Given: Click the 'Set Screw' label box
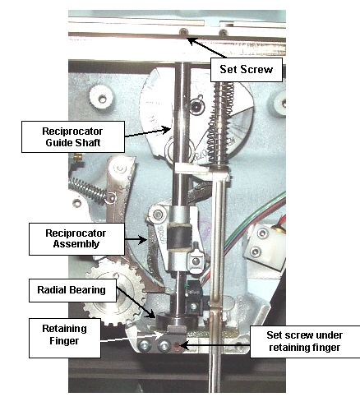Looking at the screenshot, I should coord(247,70).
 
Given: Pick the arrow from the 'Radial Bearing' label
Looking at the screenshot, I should coord(136,302).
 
